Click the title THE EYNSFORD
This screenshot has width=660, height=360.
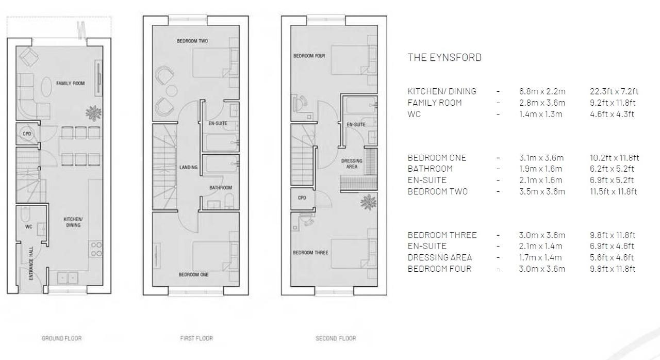(444, 57)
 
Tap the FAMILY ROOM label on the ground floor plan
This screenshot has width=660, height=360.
(71, 84)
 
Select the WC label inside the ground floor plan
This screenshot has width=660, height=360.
(28, 227)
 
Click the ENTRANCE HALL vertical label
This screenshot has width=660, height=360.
(31, 264)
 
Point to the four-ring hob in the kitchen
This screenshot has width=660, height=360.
(96, 249)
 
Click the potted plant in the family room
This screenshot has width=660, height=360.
(94, 113)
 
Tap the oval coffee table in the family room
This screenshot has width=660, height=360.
(46, 87)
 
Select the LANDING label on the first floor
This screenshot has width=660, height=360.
(189, 167)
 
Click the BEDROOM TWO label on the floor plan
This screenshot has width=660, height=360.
(192, 41)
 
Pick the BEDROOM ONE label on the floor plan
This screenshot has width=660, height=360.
(193, 274)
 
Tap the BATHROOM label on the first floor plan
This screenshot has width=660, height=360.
(221, 188)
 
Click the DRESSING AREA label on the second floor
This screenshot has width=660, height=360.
(352, 164)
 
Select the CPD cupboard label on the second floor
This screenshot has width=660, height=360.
(302, 198)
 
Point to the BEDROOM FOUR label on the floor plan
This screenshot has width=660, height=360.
(309, 56)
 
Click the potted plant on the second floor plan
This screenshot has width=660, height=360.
(368, 202)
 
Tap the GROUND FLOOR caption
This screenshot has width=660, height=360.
(61, 338)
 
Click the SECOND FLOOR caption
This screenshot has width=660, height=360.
(336, 338)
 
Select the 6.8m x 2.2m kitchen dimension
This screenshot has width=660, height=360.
(542, 91)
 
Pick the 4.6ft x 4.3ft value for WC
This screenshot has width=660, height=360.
(612, 114)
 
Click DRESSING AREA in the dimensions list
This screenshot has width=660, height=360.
(440, 257)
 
